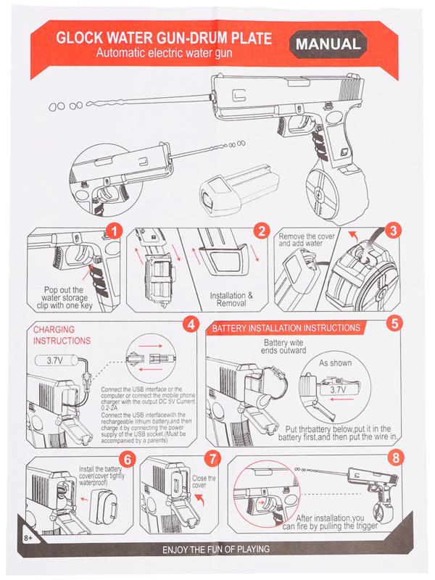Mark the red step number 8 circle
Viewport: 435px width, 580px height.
394,459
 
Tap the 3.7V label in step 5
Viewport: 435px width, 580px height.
339,389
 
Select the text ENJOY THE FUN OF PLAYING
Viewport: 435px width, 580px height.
217,550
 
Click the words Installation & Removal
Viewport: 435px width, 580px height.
231,300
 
